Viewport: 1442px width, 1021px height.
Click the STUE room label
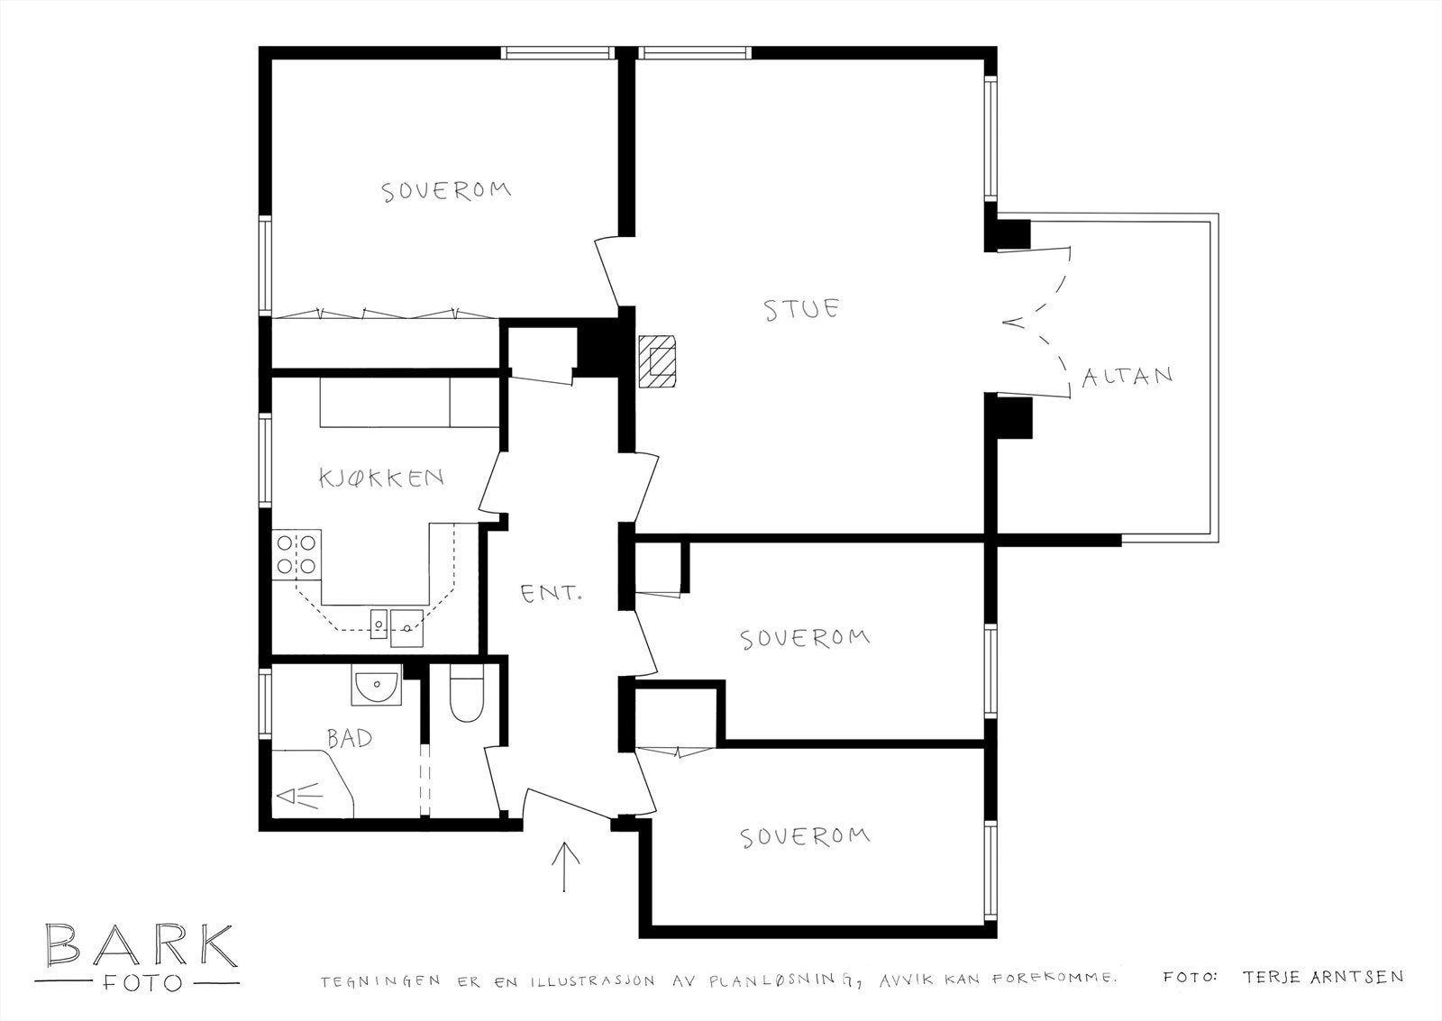[801, 309]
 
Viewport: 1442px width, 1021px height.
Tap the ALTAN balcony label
[1127, 376]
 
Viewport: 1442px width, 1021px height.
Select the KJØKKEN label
[381, 478]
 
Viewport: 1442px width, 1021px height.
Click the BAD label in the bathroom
[350, 739]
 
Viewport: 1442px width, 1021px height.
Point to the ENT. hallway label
[552, 594]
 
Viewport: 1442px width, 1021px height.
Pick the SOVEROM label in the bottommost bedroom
[805, 836]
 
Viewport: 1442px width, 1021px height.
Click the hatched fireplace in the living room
[659, 360]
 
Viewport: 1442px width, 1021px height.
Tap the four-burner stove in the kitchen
[297, 554]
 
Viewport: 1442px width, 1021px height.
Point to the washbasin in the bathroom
[376, 687]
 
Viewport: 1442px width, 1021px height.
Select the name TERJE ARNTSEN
[1321, 977]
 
